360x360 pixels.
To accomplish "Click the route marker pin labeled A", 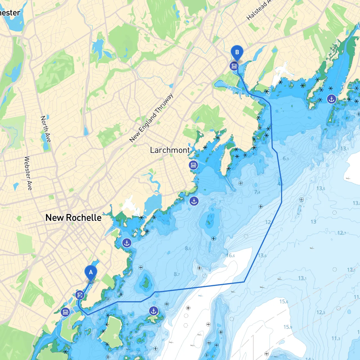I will tap(91, 273).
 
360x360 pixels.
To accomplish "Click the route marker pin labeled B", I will tap(237, 53).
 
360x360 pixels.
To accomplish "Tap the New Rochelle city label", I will tap(73, 218).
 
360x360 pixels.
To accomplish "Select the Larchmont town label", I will tap(170, 150).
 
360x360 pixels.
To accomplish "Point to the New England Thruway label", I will tap(151, 118).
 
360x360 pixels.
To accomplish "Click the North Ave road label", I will tap(46, 129).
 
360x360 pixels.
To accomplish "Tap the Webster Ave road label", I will tap(28, 173).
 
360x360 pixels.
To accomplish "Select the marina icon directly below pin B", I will tap(234, 66).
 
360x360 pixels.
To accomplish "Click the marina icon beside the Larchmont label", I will tap(193, 165).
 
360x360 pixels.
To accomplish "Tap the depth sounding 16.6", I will tap(231, 255).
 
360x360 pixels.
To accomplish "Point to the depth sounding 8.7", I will tap(177, 274).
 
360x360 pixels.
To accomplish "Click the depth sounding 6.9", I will tap(286, 158).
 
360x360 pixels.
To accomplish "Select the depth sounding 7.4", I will tap(257, 192).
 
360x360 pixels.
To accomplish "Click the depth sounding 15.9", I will tap(288, 327).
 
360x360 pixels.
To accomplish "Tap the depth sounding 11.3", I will tap(336, 338).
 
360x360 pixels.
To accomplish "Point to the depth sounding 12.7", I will tap(342, 233).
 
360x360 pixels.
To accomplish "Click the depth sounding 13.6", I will tap(262, 255).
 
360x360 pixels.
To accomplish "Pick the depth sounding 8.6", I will tap(188, 248).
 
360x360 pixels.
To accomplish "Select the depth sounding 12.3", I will tap(321, 312).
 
